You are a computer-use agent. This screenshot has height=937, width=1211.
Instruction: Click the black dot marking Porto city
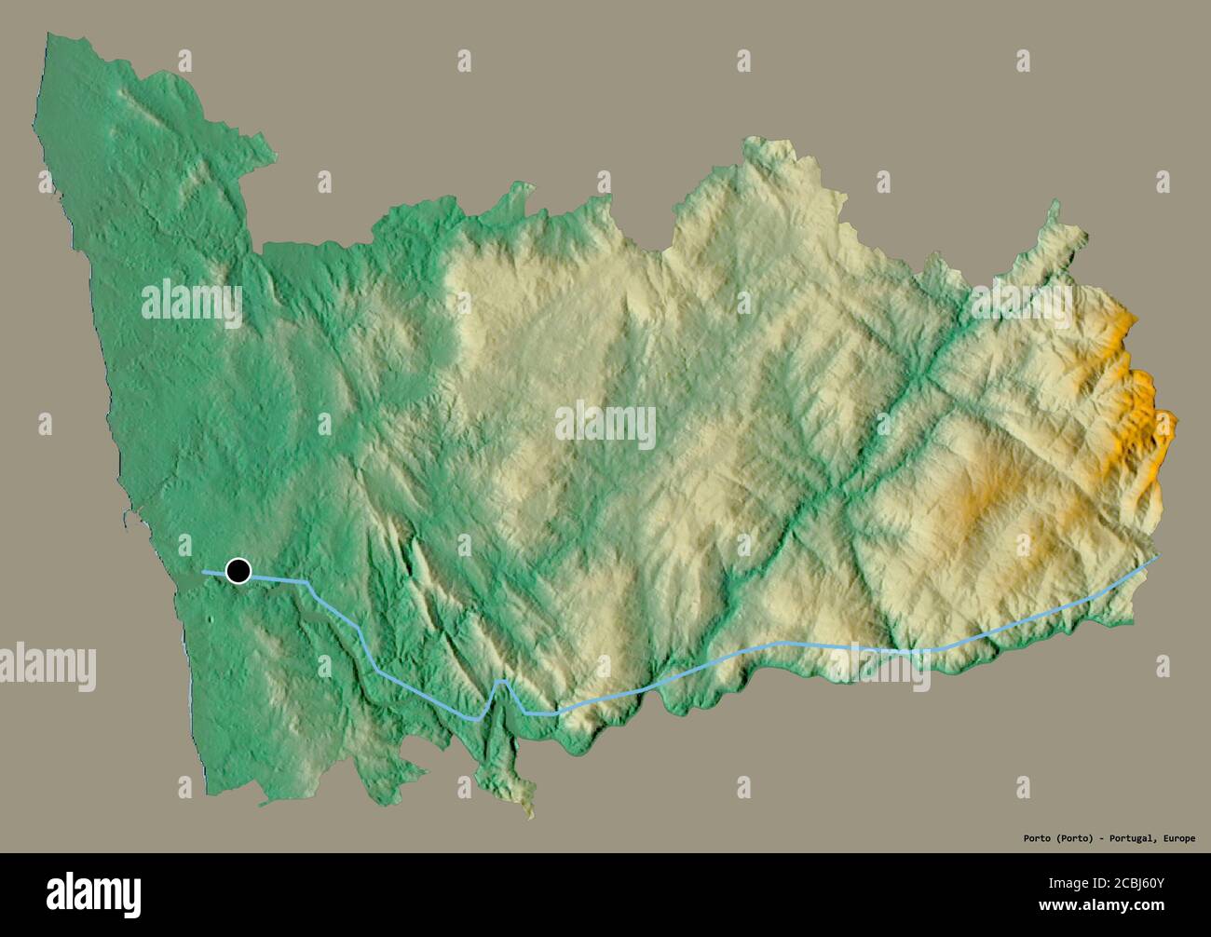[238, 570]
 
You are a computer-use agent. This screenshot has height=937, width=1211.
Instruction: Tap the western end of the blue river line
[204, 570]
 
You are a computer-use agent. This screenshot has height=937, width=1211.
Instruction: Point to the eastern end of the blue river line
[1160, 556]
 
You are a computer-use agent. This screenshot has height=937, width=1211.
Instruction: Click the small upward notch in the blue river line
[501, 684]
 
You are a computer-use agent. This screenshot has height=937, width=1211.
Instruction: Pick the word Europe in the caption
[1178, 838]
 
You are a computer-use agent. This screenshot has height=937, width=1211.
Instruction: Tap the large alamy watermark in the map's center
[605, 425]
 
